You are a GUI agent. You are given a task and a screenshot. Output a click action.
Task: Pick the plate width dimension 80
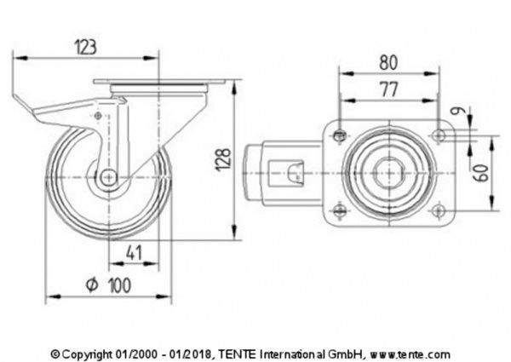click(x=388, y=61)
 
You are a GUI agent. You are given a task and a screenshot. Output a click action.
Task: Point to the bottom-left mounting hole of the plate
click(x=341, y=212)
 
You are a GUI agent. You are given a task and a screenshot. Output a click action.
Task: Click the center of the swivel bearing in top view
click(x=388, y=173)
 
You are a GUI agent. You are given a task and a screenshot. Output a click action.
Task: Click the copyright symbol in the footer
click(x=55, y=353)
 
